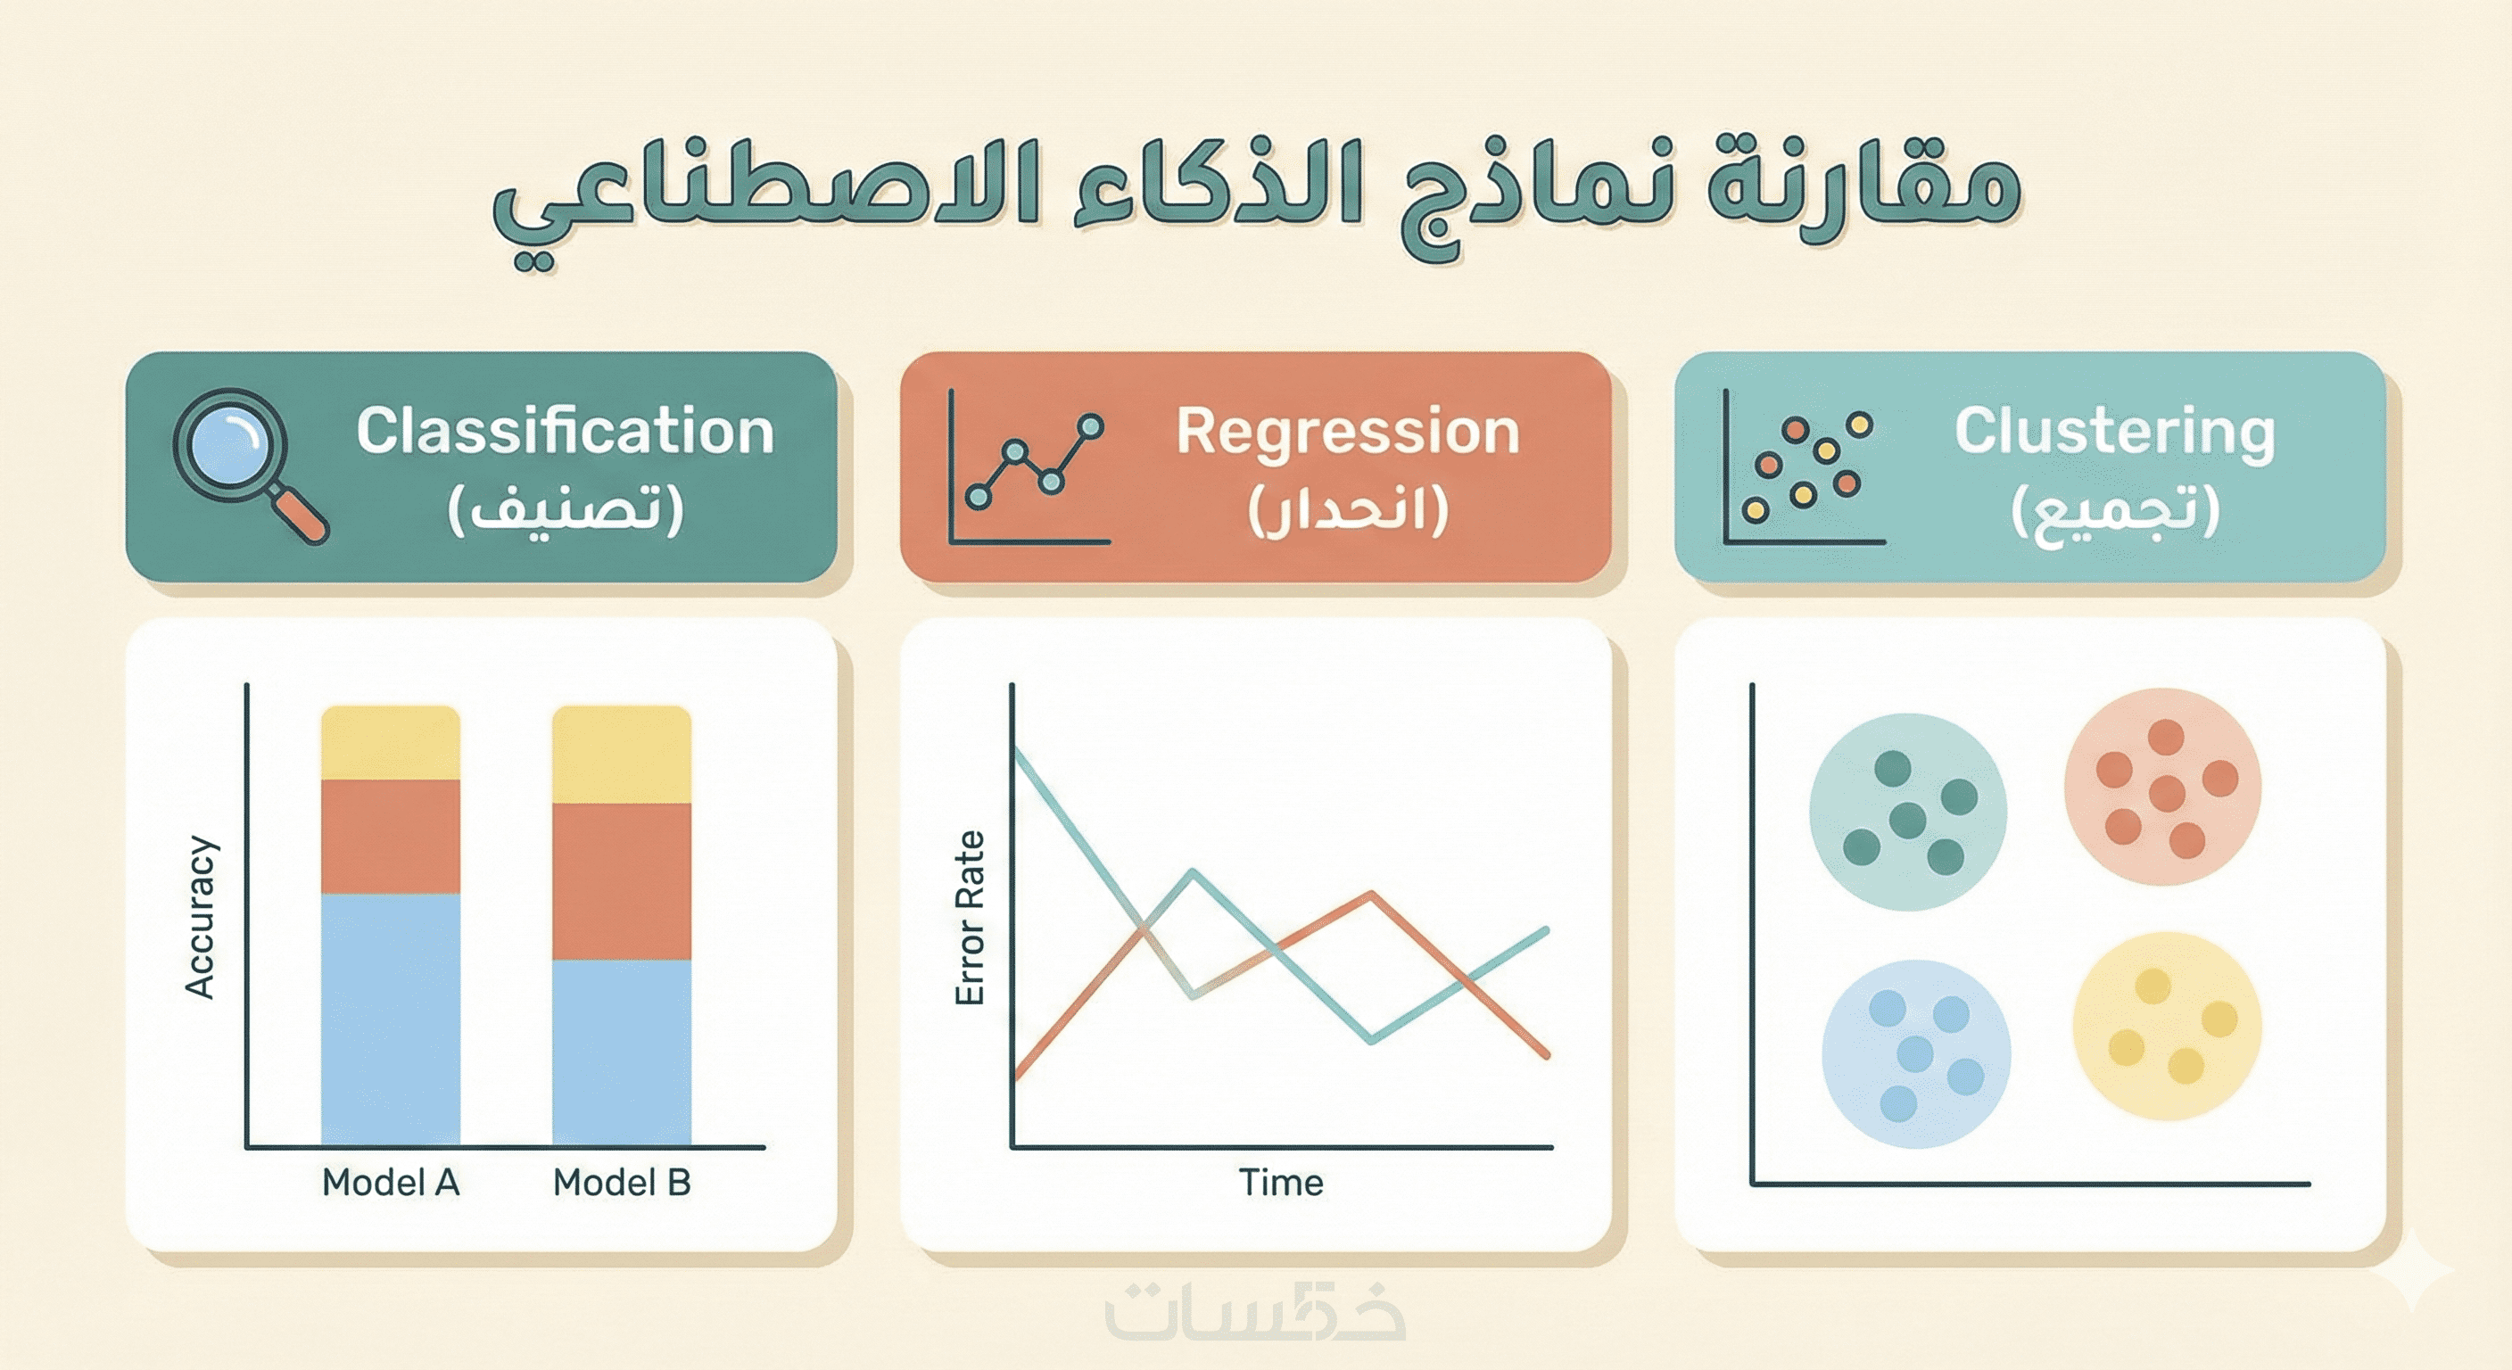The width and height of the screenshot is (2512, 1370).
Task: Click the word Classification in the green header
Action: pyautogui.click(x=565, y=430)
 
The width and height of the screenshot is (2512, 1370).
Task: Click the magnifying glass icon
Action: pyautogui.click(x=250, y=464)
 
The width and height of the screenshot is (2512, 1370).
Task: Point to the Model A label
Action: pyautogui.click(x=390, y=1183)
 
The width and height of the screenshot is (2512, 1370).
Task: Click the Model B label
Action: pyautogui.click(x=622, y=1183)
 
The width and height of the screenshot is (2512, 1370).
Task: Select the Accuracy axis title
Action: pyautogui.click(x=200, y=917)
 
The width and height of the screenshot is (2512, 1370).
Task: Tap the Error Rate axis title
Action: pyautogui.click(x=971, y=918)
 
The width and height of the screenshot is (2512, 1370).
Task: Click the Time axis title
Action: pyautogui.click(x=1281, y=1183)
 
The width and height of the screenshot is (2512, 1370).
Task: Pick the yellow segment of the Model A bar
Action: pyautogui.click(x=390, y=743)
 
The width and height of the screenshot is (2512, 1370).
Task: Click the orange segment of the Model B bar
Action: pyautogui.click(x=622, y=881)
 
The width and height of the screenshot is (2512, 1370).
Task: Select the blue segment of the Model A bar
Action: pyautogui.click(x=390, y=1019)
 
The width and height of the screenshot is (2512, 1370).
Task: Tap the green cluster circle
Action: pyautogui.click(x=1907, y=813)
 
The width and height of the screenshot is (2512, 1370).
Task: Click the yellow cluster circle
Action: pyautogui.click(x=2167, y=1027)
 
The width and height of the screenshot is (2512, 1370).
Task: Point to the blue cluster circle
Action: pyautogui.click(x=1916, y=1055)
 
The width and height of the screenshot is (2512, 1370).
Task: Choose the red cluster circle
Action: pyautogui.click(x=2163, y=787)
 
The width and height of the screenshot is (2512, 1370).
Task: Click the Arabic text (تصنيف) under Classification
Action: pyautogui.click(x=566, y=510)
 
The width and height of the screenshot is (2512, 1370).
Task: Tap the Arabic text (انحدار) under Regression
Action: pyautogui.click(x=1348, y=510)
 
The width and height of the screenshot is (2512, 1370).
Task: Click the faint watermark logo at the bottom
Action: pyautogui.click(x=1256, y=1311)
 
